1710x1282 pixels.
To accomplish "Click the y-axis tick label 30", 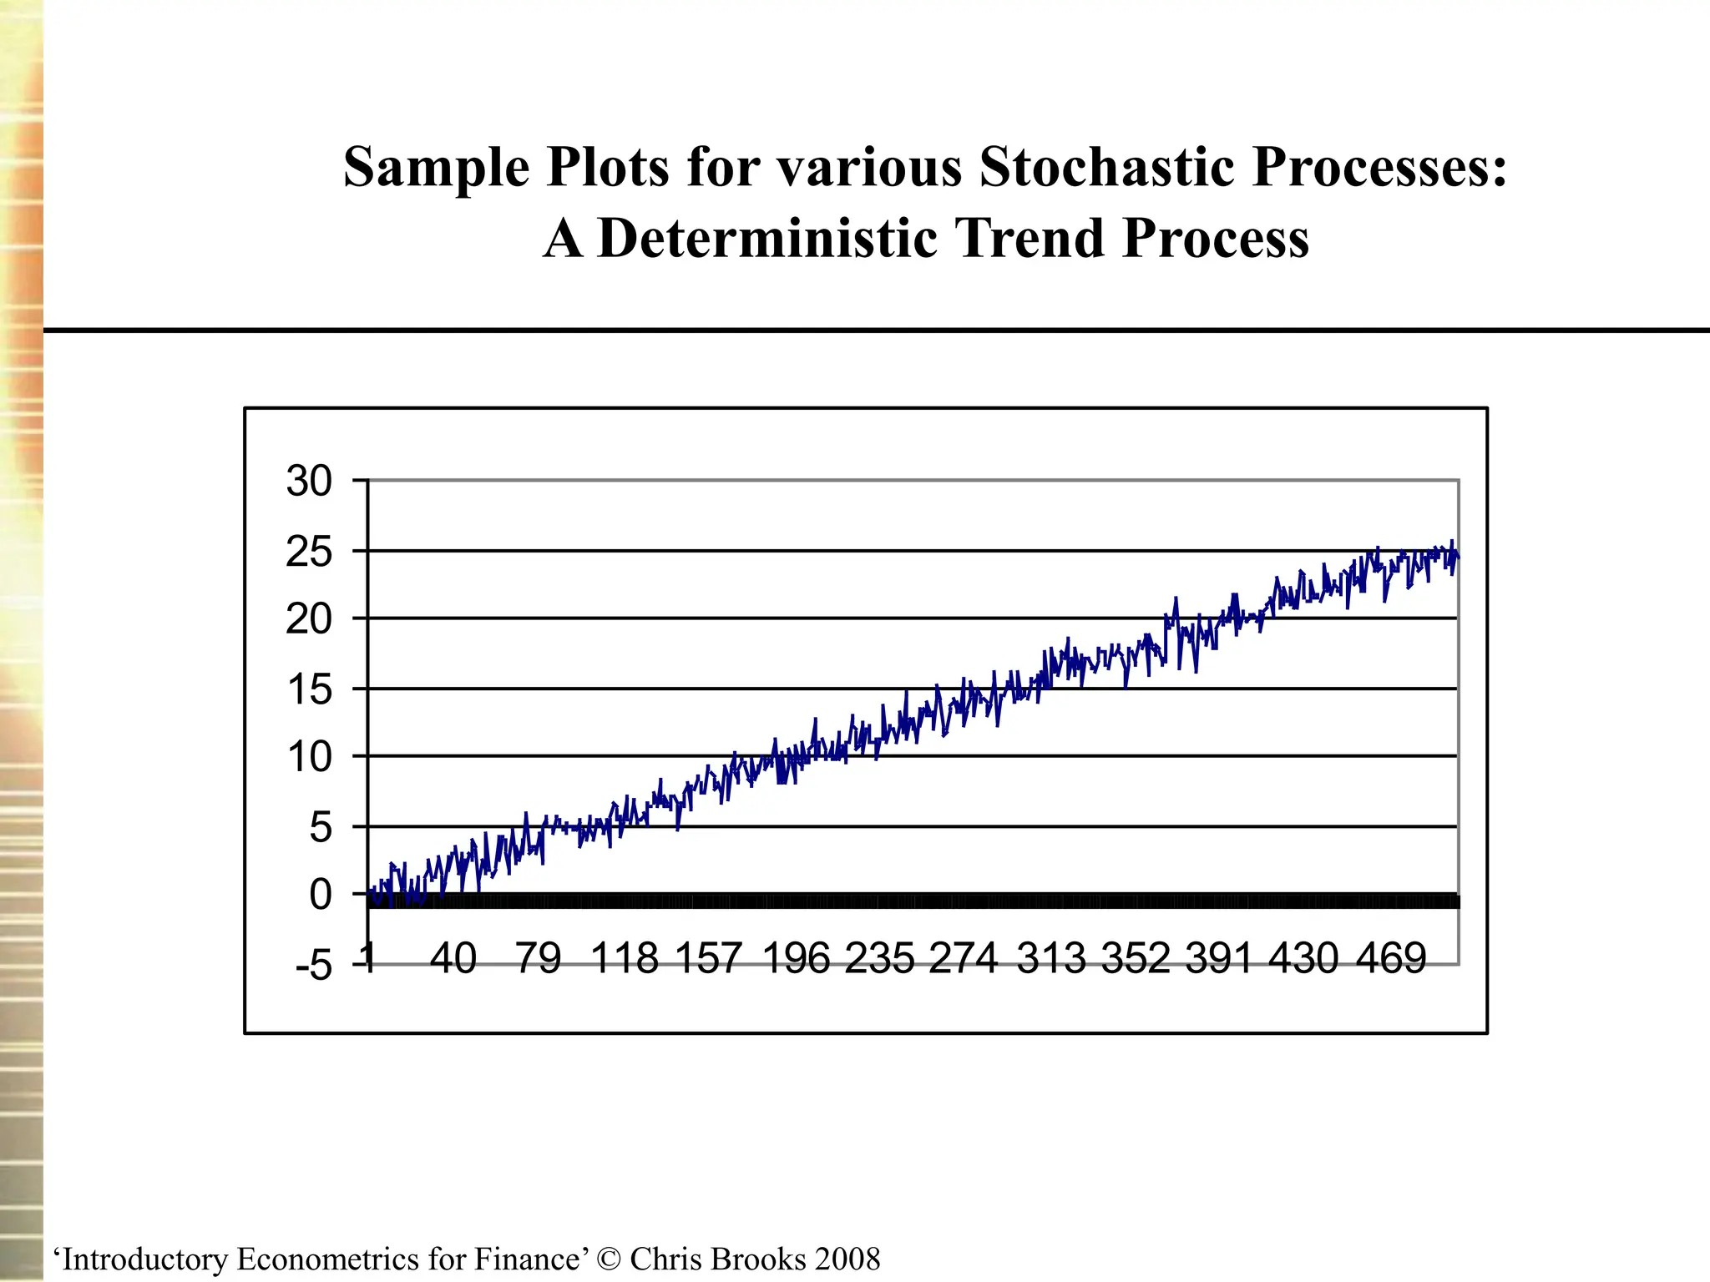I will click(309, 482).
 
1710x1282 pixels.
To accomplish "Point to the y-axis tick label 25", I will click(309, 552).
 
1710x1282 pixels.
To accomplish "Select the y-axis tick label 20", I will click(309, 620).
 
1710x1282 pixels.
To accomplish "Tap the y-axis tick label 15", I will click(309, 690).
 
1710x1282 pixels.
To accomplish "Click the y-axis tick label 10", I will click(309, 758).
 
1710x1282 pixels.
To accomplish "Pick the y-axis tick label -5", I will click(313, 967).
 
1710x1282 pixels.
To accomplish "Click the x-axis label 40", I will click(453, 958).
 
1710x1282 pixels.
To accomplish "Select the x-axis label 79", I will click(538, 958).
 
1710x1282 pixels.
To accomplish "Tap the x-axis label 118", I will click(625, 958).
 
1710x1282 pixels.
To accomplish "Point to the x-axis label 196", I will click(797, 958).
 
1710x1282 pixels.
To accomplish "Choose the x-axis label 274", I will click(964, 958).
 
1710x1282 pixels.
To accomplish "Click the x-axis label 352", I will click(1136, 958).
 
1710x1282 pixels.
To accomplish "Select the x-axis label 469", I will click(1391, 958).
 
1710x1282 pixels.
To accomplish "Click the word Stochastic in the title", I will click(1106, 167).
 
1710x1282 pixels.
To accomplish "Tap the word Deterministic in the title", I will click(768, 239).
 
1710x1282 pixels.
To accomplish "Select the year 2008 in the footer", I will click(847, 1259).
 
